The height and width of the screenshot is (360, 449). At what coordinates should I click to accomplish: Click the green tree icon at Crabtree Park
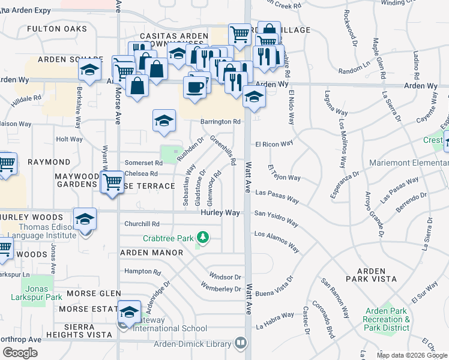[203, 238]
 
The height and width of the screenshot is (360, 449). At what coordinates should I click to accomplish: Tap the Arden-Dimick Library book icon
[240, 343]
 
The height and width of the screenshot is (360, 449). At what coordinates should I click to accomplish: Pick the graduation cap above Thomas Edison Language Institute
[85, 219]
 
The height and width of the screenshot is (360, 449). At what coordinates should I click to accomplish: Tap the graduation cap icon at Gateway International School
[128, 311]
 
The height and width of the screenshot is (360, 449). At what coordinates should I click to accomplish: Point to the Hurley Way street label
[220, 213]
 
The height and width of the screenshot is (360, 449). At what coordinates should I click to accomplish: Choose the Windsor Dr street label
[225, 277]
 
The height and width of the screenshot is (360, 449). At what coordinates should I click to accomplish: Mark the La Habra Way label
[275, 320]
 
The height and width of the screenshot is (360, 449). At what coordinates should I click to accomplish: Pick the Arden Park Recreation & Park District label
[387, 319]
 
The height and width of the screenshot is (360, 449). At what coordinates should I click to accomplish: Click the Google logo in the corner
[20, 353]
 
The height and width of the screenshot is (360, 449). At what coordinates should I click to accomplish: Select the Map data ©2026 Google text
[412, 355]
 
